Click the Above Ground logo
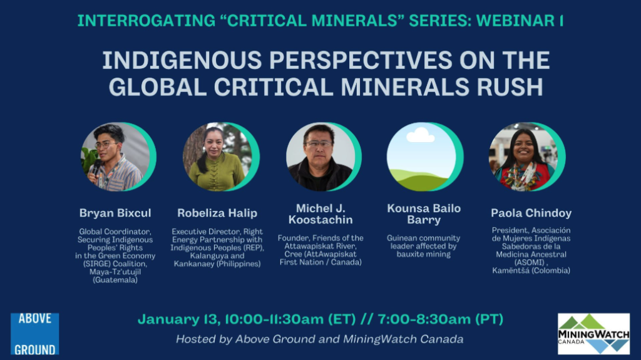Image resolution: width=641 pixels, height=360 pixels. pyautogui.click(x=35, y=334)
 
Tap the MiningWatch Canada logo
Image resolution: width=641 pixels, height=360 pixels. pyautogui.click(x=593, y=334)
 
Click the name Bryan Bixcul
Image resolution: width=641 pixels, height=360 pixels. pyautogui.click(x=115, y=213)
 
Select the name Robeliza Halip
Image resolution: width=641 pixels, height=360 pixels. pyautogui.click(x=217, y=213)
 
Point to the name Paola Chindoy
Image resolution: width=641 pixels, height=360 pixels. pyautogui.click(x=531, y=213)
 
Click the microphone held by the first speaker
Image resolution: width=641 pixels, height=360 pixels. pyautogui.click(x=96, y=167)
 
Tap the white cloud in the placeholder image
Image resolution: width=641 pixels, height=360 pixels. pyautogui.click(x=420, y=135)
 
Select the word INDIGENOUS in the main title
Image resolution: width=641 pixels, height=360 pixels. pyautogui.click(x=182, y=60)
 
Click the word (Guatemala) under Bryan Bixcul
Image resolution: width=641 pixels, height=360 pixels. pyautogui.click(x=115, y=280)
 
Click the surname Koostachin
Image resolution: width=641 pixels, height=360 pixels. pyautogui.click(x=320, y=220)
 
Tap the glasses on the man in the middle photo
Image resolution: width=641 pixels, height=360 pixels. pyautogui.click(x=319, y=144)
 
